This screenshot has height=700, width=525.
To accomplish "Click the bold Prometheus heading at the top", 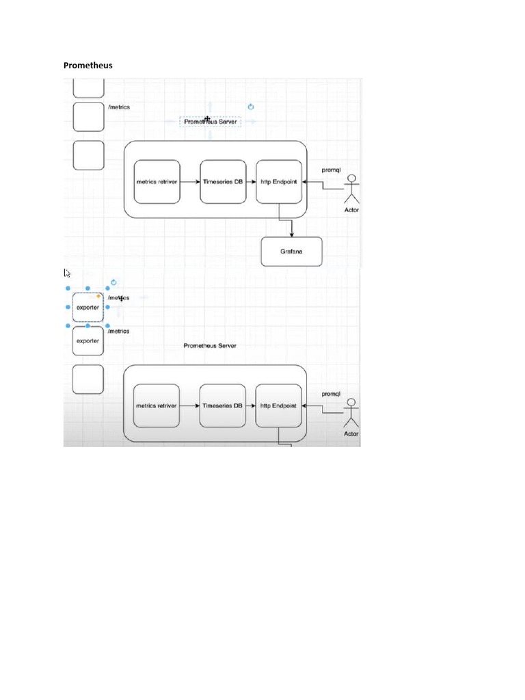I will pyautogui.click(x=88, y=66).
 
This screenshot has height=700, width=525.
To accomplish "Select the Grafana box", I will pyautogui.click(x=291, y=252).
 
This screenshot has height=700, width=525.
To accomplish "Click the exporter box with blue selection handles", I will pyautogui.click(x=87, y=308).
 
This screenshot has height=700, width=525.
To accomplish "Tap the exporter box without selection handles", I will pyautogui.click(x=87, y=340).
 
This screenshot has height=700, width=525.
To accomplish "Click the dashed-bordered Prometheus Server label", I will pyautogui.click(x=211, y=121).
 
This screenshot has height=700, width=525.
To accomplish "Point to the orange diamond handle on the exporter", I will pyautogui.click(x=99, y=296).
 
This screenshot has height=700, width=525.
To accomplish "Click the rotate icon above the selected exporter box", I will pyautogui.click(x=113, y=282).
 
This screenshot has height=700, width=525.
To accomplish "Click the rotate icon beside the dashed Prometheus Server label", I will pyautogui.click(x=251, y=107).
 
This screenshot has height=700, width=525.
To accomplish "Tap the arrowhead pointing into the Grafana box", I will pyautogui.click(x=292, y=234).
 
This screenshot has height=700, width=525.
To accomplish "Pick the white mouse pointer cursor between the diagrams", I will pyautogui.click(x=68, y=273).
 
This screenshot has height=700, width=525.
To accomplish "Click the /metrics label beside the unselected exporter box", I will pyautogui.click(x=119, y=331).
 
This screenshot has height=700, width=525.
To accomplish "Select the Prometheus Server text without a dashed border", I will pyautogui.click(x=210, y=346).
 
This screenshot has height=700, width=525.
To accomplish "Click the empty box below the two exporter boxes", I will pyautogui.click(x=88, y=379).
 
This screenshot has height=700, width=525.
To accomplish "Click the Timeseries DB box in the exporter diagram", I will pyautogui.click(x=222, y=405).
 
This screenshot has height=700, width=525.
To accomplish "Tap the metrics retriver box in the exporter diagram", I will pyautogui.click(x=156, y=405).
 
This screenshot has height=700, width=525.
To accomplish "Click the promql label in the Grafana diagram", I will pyautogui.click(x=331, y=169).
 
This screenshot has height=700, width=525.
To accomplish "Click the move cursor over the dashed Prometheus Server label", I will pyautogui.click(x=207, y=119).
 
